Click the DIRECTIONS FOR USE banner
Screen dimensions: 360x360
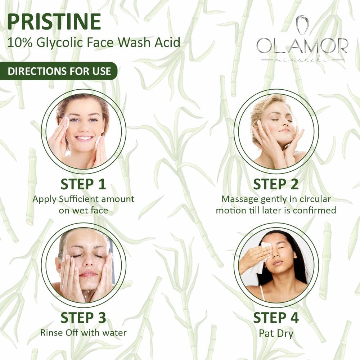click(59, 71)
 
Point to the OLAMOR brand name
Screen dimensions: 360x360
click(302, 46)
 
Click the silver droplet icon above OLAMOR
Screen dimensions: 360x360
click(302, 24)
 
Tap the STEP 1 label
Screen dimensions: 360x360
click(83, 184)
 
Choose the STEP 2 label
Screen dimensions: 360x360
click(276, 184)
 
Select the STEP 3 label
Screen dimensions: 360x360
click(83, 318)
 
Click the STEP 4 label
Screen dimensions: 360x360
click(276, 318)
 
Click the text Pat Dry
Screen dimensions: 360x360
click(276, 333)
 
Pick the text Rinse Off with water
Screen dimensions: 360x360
click(83, 332)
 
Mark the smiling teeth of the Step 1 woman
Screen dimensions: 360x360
click(84, 138)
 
